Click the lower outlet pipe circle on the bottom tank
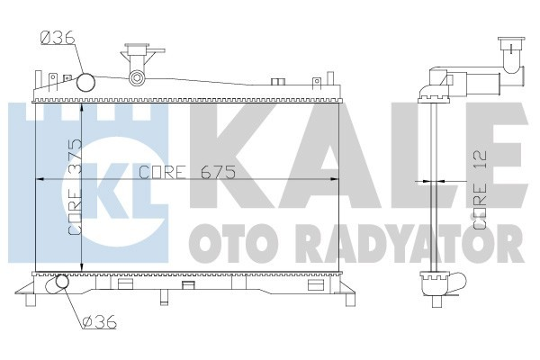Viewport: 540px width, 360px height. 62,284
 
